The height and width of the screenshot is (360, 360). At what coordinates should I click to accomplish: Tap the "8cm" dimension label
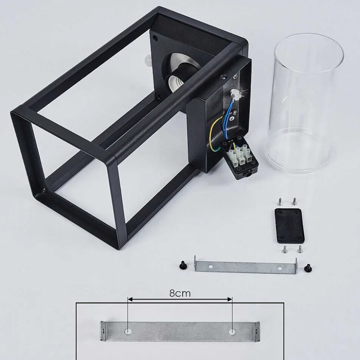coord(180,293)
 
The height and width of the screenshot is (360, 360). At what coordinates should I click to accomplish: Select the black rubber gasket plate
coord(289,226)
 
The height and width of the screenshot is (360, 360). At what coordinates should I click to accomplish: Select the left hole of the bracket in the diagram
coord(128,331)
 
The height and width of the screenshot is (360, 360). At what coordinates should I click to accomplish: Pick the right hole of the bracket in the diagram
coord(232,331)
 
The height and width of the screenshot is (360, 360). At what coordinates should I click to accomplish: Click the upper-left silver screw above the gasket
coord(280,202)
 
